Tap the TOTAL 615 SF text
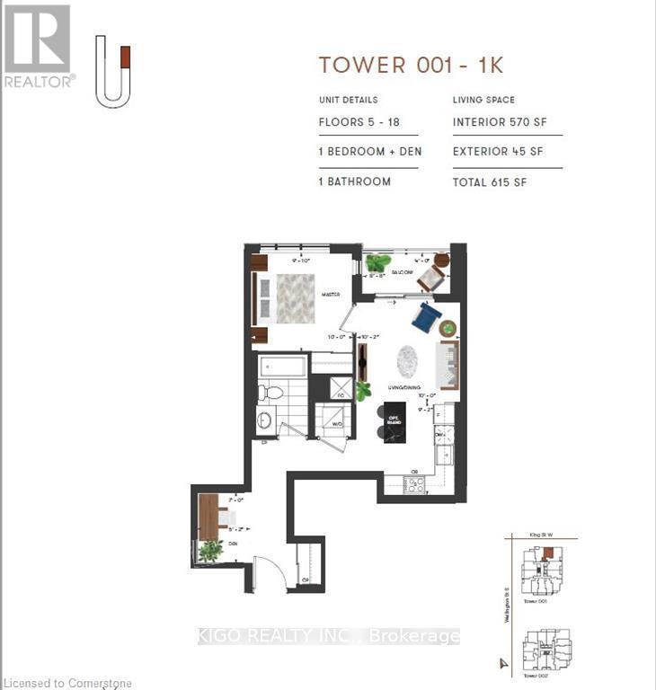[x=490, y=181]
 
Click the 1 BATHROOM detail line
[x=354, y=181]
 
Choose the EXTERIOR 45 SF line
[x=498, y=152]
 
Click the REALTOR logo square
[x=37, y=38]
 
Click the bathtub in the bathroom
[x=284, y=367]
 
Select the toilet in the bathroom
[x=270, y=393]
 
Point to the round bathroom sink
[x=265, y=420]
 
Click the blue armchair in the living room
[x=426, y=316]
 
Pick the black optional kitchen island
[x=393, y=421]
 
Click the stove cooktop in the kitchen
[x=414, y=484]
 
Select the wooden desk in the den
[x=208, y=517]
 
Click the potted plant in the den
[x=210, y=551]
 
